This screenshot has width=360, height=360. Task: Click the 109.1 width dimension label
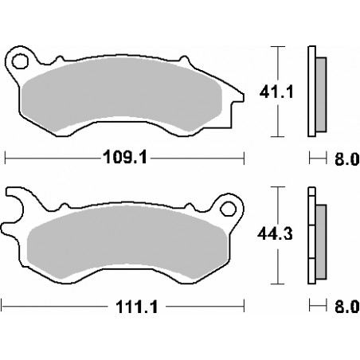(125, 157)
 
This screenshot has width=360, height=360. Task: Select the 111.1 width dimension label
(137, 307)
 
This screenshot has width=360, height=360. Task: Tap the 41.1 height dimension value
(276, 92)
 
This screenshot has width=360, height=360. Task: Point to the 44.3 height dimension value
(275, 234)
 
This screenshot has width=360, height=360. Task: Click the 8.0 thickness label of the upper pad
(347, 159)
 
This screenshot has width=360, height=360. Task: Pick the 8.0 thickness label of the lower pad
(347, 307)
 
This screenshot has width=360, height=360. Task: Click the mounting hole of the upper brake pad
(20, 61)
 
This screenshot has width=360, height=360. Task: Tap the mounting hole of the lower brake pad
(229, 209)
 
